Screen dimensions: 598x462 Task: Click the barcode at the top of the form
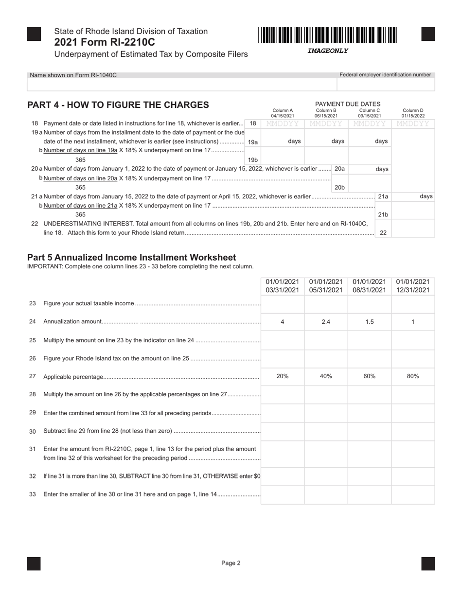click(x=328, y=35)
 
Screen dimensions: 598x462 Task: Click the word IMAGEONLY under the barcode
click(x=328, y=51)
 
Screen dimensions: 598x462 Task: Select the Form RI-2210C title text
click(x=105, y=42)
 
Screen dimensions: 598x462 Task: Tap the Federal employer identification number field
click(x=386, y=85)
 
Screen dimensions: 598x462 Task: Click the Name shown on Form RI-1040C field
click(x=181, y=85)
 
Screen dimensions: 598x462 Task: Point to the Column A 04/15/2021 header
click(x=283, y=113)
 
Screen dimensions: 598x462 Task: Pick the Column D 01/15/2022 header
click(x=413, y=113)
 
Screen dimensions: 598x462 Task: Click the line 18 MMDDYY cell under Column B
click(x=326, y=123)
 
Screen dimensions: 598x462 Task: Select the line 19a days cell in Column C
click(x=370, y=141)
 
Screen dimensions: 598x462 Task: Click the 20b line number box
click(x=339, y=187)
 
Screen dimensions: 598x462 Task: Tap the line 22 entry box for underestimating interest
click(x=413, y=228)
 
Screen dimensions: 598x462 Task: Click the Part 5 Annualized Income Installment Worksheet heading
click(x=131, y=257)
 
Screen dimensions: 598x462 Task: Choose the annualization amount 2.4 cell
click(x=326, y=322)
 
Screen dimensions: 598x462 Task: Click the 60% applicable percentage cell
click(x=370, y=376)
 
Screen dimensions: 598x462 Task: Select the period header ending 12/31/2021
click(x=413, y=286)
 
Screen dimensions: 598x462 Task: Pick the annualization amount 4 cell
click(x=283, y=322)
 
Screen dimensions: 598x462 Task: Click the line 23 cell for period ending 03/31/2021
click(x=283, y=303)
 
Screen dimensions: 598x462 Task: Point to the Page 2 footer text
click(x=231, y=563)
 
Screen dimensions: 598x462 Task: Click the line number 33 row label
click(x=33, y=494)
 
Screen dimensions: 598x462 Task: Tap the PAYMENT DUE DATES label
click(x=348, y=104)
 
